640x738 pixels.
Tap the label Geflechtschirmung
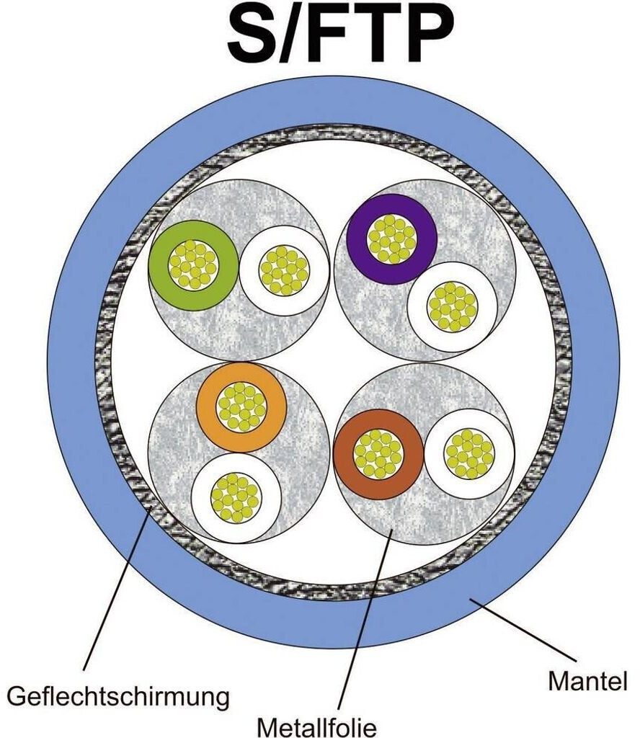(119, 696)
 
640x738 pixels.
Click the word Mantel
(587, 680)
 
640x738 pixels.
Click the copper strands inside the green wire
(193, 265)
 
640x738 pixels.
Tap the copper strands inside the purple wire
(392, 239)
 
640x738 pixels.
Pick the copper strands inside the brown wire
(378, 454)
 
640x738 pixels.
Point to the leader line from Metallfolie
(364, 620)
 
